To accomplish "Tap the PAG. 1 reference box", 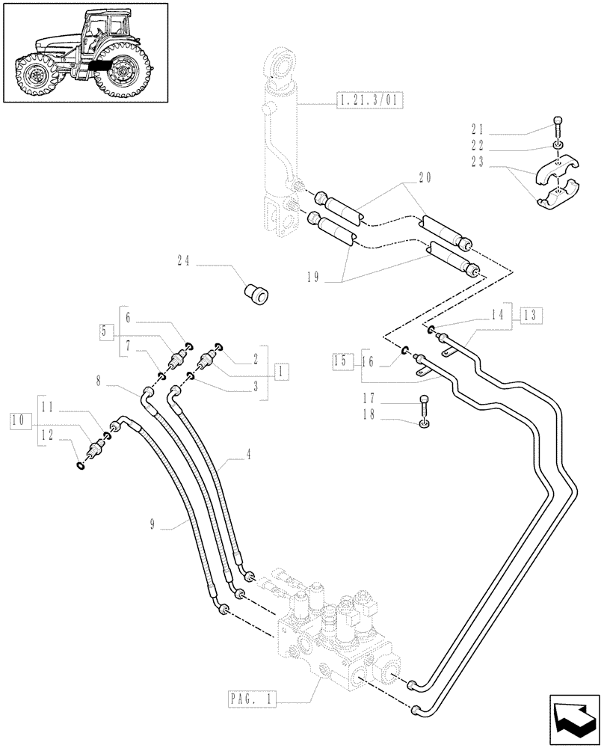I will coord(252,699).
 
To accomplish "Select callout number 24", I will coord(185,261).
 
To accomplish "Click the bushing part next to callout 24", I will coord(257,294).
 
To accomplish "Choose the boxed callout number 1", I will coord(281,370).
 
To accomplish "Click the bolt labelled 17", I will coord(425,404).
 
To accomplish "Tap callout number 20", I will coord(425,177).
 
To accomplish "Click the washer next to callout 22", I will coord(558,145).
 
